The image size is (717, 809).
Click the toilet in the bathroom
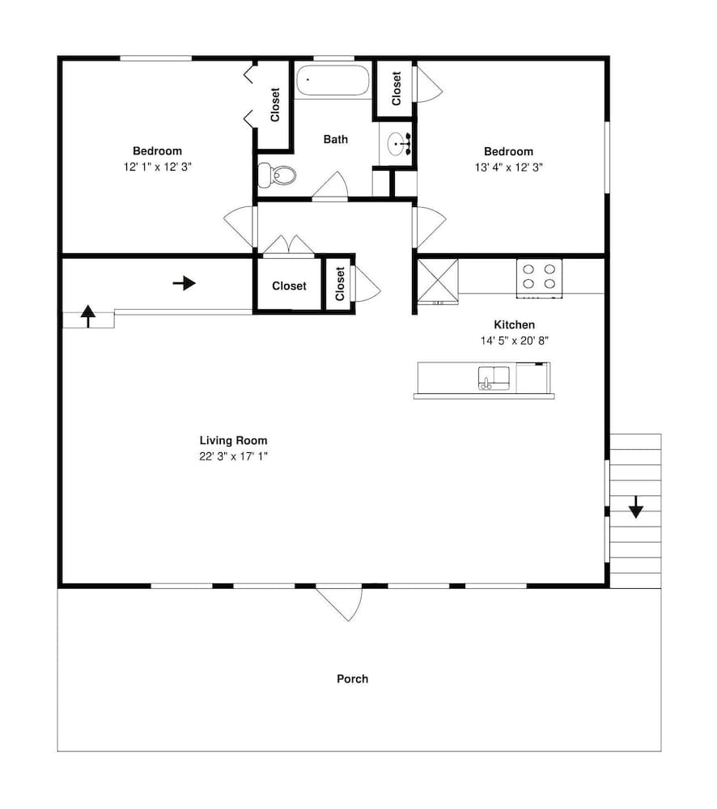coord(277,175)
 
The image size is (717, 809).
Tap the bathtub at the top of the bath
coord(333,80)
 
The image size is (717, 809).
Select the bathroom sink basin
coord(398,143)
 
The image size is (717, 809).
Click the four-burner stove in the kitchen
coord(539,278)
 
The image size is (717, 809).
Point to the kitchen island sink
coord(494,378)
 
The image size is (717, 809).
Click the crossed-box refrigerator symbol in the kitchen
coord(437,280)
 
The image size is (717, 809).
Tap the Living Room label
coord(233,440)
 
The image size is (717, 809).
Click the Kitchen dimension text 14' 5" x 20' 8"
coord(514,341)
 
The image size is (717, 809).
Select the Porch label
coord(353,679)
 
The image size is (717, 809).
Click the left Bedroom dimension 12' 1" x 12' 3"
coord(158,167)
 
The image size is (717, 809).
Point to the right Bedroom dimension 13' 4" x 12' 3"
coord(508,167)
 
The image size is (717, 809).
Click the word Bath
coord(336,139)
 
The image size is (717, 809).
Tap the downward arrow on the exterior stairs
coord(636,506)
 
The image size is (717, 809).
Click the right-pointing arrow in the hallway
coord(185,283)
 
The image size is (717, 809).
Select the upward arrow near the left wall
coord(88,316)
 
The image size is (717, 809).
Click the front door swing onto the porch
coord(340,604)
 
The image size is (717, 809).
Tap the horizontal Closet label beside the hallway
coord(289,286)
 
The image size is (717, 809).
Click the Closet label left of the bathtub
coord(275,104)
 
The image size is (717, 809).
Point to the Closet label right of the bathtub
coord(397,89)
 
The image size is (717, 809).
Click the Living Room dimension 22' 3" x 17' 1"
coord(233,456)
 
